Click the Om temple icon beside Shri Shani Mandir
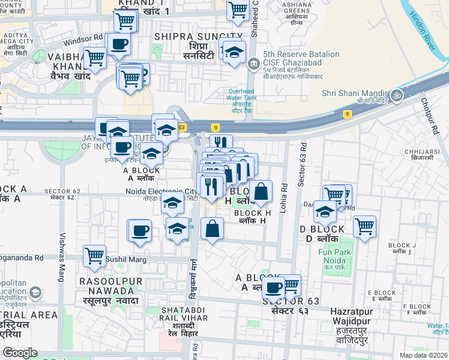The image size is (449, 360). click(396, 95)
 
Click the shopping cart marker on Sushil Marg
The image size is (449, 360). click(94, 256)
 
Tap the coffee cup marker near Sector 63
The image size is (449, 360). click(273, 288)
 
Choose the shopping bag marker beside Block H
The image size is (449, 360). click(261, 192)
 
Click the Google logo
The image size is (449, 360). click(20, 353)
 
